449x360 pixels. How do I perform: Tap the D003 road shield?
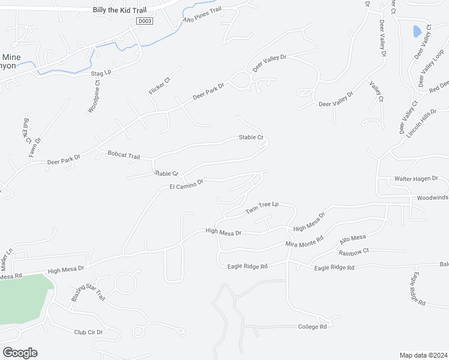point(144,21)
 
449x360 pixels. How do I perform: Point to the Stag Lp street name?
point(101,73)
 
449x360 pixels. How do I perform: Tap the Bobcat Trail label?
point(124,155)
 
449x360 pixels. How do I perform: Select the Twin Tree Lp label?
point(262,208)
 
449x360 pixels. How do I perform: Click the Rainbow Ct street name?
point(354,251)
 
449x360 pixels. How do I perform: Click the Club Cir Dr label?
point(88,332)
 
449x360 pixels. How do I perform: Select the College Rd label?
point(312,326)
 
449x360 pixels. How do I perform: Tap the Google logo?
point(20,353)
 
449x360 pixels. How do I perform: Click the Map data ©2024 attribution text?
point(423,355)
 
